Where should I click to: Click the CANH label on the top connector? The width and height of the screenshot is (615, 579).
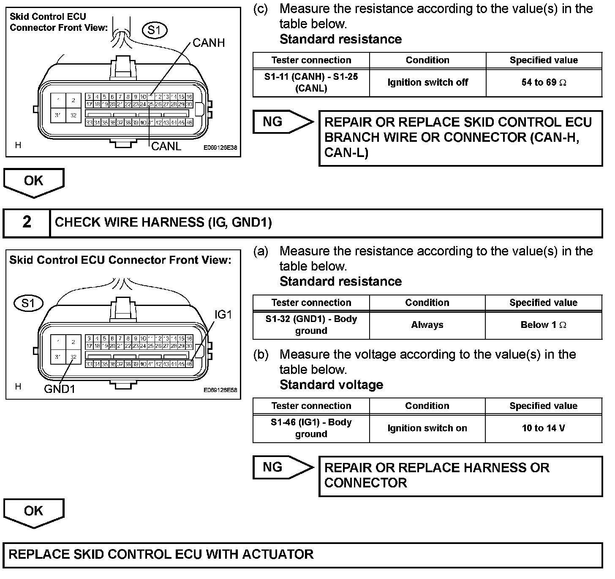point(209,43)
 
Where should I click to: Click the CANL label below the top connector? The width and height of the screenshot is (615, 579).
point(166,146)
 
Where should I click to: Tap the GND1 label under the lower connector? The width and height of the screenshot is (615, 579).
point(60,389)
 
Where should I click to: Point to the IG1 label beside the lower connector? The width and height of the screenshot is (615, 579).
point(223,314)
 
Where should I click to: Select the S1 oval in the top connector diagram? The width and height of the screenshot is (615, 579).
point(155,30)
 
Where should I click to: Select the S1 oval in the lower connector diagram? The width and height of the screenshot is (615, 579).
point(29,303)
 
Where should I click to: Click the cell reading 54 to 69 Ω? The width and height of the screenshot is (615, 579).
point(544,83)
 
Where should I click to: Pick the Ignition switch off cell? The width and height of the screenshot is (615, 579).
point(427,83)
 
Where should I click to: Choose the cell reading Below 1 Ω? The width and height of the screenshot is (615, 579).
point(544,325)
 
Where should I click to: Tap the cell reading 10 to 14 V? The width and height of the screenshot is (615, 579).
point(544,428)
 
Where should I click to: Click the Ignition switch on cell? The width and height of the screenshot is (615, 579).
point(427,428)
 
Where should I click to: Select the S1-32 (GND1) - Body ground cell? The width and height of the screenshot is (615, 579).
point(311,325)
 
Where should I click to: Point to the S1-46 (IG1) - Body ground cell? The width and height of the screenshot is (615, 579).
point(311,428)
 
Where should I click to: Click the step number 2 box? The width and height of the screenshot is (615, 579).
point(27,222)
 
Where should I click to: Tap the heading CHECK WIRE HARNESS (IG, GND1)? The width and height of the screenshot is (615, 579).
point(163,222)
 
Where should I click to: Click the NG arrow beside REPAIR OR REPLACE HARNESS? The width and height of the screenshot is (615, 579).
point(282,467)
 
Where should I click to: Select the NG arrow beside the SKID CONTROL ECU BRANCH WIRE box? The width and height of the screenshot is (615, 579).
point(282,122)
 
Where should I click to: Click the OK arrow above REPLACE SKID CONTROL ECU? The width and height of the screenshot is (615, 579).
point(33,512)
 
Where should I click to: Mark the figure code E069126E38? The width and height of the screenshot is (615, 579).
point(220,148)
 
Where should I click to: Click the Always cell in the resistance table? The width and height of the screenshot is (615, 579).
point(427,325)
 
